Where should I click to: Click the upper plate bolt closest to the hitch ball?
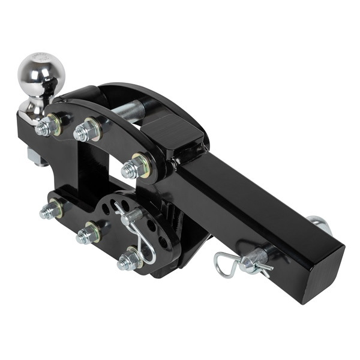coord(46,127)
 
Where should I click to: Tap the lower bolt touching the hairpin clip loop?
coord(128,260)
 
